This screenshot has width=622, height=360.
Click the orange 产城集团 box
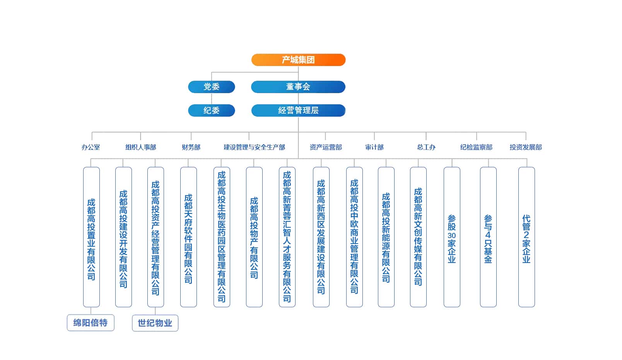click(x=298, y=60)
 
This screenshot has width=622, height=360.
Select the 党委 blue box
click(x=211, y=87)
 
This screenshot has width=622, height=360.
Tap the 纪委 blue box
click(x=211, y=110)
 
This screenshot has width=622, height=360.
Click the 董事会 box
click(x=298, y=87)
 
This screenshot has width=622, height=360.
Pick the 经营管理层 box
click(x=298, y=110)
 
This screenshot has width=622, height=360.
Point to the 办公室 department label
click(x=91, y=147)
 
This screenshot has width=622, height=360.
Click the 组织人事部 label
click(x=140, y=147)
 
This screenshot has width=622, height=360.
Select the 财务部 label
click(x=191, y=147)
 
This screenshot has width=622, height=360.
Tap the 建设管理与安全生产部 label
click(x=254, y=147)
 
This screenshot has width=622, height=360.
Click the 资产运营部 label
click(x=326, y=147)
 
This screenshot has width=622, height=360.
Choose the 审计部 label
click(x=374, y=147)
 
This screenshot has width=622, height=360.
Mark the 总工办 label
click(x=426, y=147)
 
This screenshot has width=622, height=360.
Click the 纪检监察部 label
click(x=476, y=147)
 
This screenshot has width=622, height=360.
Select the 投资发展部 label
click(x=526, y=147)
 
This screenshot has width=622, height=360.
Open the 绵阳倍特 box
click(x=91, y=323)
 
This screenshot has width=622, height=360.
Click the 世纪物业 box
click(x=155, y=323)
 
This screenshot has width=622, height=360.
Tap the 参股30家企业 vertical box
click(x=451, y=237)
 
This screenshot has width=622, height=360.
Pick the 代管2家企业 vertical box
click(x=526, y=237)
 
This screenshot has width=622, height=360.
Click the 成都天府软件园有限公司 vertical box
click(x=188, y=237)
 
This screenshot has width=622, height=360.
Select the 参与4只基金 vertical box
click(x=488, y=237)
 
